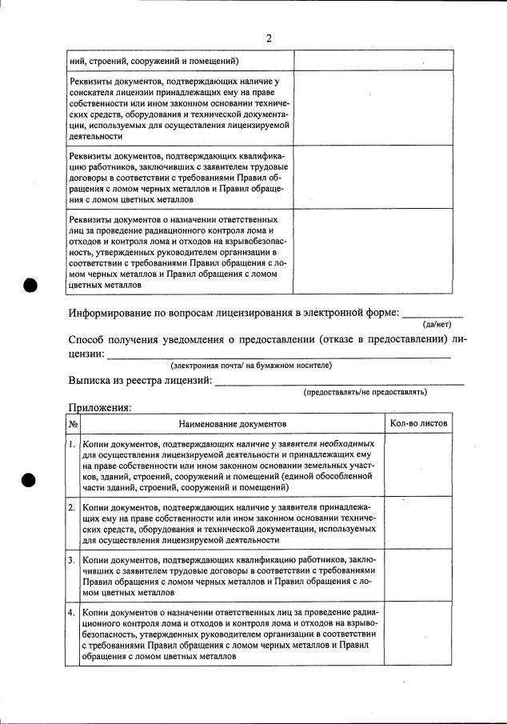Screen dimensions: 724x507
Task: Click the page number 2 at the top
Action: [x=269, y=38]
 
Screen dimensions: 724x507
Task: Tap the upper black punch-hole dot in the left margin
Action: [x=30, y=285]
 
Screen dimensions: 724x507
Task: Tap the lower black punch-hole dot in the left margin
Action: [x=30, y=481]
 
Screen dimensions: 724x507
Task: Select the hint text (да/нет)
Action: [x=437, y=324]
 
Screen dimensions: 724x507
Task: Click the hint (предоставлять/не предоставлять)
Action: [x=365, y=392]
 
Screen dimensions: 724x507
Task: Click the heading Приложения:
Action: [x=100, y=406]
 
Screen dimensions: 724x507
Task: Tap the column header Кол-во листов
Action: [x=418, y=422]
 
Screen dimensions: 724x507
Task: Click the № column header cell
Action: [x=73, y=423]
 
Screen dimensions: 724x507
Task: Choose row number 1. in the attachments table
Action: [x=73, y=444]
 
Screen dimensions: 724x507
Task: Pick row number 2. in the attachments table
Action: [x=73, y=507]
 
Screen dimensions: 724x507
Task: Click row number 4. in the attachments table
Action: [x=73, y=613]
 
